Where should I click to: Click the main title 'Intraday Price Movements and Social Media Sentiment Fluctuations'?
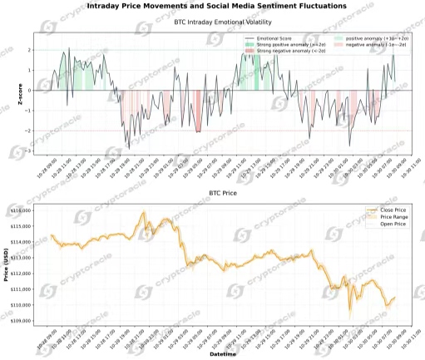(x=217, y=6)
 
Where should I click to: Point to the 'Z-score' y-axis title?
(x=19, y=94)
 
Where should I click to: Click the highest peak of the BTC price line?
(x=143, y=212)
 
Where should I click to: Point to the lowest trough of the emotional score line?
(x=127, y=148)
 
